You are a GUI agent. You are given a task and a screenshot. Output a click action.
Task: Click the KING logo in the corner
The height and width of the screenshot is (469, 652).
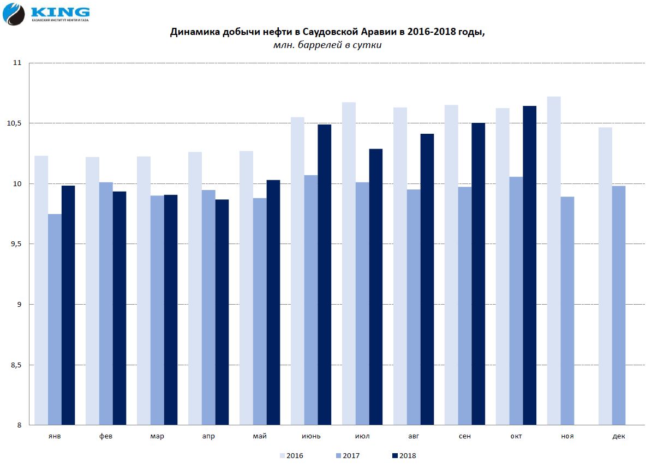tap(46, 14)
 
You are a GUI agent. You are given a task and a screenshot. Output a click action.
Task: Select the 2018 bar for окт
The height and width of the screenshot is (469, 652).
tap(529, 265)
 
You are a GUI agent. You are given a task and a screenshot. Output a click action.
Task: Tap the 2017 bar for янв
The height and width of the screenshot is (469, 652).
tap(55, 319)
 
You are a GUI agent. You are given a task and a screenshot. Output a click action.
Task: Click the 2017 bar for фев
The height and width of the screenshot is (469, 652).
tap(106, 304)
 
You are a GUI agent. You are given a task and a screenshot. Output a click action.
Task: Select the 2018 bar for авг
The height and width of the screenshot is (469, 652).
tap(427, 279)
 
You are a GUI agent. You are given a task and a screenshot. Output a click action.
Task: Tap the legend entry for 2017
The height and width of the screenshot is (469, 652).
tap(348, 455)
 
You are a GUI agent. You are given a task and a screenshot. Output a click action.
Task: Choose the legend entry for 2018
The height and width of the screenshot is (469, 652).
tap(404, 455)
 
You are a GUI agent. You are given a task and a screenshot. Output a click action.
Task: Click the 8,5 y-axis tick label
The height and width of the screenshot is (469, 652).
tap(15, 365)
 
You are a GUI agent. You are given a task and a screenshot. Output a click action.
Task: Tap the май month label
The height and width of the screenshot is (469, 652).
tap(260, 436)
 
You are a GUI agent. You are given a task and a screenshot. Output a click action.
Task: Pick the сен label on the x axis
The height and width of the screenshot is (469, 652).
tap(465, 436)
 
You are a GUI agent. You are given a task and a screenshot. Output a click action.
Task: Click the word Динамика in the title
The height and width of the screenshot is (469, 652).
tap(195, 32)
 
